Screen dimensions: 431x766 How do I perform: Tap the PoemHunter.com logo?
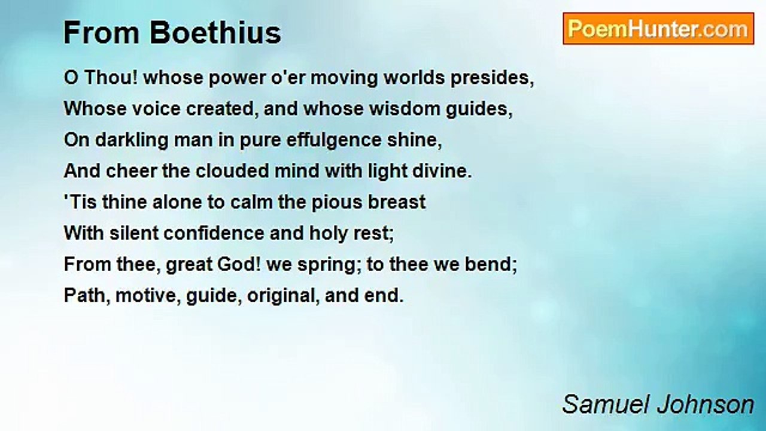[658, 29]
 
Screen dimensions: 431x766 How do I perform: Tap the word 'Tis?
[80, 202]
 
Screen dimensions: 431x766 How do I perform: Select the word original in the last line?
[279, 296]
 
